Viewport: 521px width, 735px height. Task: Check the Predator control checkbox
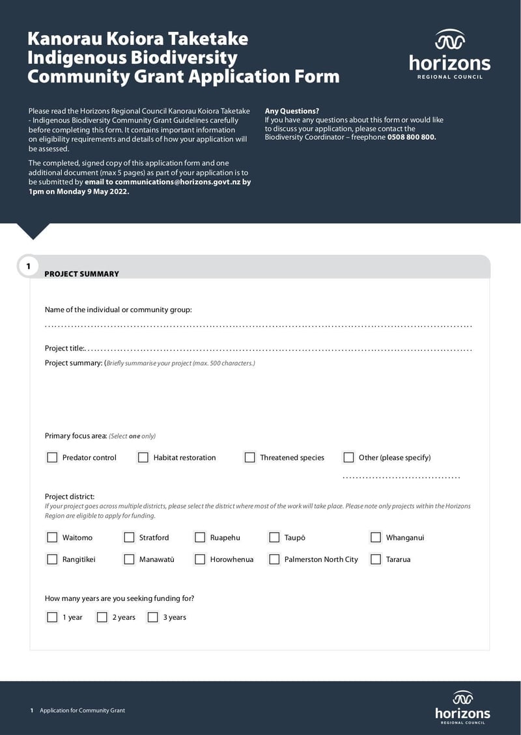(52, 457)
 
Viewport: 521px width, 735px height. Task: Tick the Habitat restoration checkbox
(143, 457)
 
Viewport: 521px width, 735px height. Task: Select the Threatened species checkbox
(249, 457)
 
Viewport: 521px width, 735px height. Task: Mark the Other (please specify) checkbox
(348, 457)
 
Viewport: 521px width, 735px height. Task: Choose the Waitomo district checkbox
(52, 537)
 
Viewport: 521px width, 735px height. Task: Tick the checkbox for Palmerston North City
(274, 559)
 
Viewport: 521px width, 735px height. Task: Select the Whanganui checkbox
(376, 537)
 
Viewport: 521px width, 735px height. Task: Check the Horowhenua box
(200, 559)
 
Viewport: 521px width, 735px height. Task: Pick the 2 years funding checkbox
(102, 617)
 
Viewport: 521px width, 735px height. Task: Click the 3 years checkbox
(153, 617)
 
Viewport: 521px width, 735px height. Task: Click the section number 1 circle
(28, 266)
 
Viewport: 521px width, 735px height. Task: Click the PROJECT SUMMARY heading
(81, 274)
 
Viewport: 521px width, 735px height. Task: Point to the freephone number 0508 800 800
(411, 137)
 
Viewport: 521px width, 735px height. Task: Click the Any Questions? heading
(292, 111)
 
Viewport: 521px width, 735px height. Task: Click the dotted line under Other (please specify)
(401, 477)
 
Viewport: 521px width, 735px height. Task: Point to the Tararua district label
(398, 559)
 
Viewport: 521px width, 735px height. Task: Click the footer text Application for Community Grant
(82, 710)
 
